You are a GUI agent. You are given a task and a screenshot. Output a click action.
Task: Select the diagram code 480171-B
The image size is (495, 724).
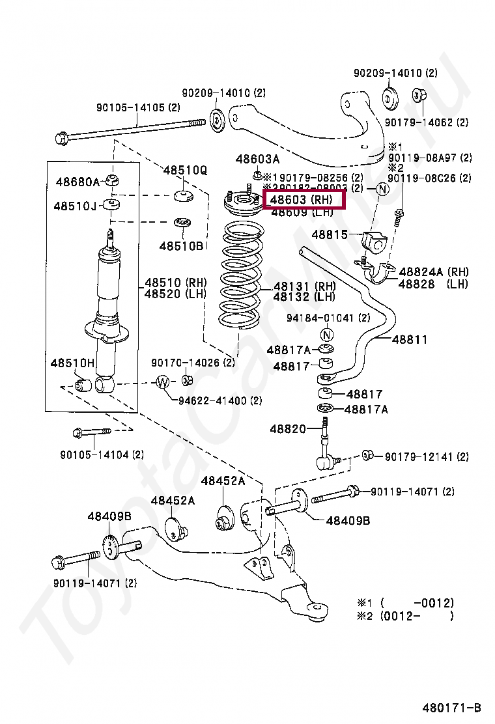click(x=451, y=708)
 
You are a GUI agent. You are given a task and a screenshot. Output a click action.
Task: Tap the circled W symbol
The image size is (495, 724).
click(x=163, y=382)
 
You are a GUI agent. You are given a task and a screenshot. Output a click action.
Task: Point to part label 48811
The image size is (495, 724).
click(x=410, y=339)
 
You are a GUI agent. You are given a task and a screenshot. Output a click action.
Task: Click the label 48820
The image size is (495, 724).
click(x=287, y=429)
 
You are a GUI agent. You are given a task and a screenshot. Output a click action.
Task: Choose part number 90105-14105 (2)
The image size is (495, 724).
click(x=138, y=108)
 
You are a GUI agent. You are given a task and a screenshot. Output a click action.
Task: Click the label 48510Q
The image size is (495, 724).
click(x=185, y=171)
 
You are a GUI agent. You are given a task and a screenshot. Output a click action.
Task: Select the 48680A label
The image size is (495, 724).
click(x=78, y=182)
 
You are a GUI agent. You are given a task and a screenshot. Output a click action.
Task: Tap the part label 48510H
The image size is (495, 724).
click(x=72, y=362)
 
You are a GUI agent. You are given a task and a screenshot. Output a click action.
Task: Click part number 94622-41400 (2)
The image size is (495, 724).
click(x=220, y=400)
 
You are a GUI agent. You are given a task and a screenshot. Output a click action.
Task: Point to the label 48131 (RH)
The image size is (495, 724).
click(x=304, y=286)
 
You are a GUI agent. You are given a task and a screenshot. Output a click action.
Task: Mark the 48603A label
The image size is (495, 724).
click(x=257, y=159)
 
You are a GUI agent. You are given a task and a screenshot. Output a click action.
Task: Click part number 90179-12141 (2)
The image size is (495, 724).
click(x=426, y=457)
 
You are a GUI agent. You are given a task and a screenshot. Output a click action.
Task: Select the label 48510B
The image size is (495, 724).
click(x=182, y=245)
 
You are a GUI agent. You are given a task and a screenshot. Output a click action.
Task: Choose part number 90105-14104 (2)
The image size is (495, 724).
click(x=101, y=454)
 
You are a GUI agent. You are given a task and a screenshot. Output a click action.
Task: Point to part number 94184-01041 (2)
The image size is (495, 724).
click(x=328, y=318)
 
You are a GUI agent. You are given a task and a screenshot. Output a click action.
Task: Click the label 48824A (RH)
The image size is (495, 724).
click(x=434, y=271)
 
